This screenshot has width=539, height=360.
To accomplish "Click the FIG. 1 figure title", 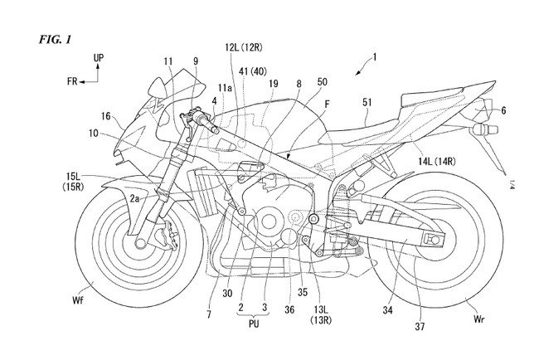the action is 55,40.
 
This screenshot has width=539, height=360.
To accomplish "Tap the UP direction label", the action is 99,58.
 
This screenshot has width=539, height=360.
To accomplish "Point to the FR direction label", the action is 72,81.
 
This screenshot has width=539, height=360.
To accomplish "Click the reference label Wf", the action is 78,300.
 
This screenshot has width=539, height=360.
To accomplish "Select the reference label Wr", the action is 478,319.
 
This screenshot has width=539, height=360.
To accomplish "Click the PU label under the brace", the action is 254,324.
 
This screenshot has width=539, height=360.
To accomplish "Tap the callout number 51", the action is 367,102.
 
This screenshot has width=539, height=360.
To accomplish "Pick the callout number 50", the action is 323,82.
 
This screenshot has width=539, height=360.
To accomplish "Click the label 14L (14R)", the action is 436,161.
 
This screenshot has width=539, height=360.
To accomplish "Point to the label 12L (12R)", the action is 244,47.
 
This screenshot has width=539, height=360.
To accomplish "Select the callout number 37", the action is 420,326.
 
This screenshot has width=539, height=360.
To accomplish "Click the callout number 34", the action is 388,310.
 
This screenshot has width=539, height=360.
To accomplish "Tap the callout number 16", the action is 106,116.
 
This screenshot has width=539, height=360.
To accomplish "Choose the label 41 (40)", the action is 254,71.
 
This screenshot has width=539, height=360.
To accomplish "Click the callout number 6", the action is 503,110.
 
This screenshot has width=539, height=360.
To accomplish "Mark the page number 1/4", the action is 511,184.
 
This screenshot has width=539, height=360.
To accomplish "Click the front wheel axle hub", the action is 141,243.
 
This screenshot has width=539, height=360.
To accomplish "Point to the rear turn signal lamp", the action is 485,129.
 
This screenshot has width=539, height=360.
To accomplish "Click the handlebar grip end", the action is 216,129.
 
